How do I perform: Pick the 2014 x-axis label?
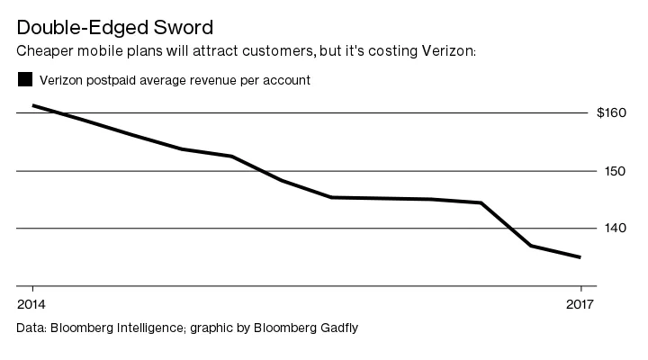pyautogui.click(x=31, y=303)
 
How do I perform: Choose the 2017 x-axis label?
pyautogui.click(x=581, y=303)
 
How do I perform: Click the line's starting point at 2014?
pyautogui.click(x=32, y=105)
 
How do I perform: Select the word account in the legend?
pyautogui.click(x=286, y=80)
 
